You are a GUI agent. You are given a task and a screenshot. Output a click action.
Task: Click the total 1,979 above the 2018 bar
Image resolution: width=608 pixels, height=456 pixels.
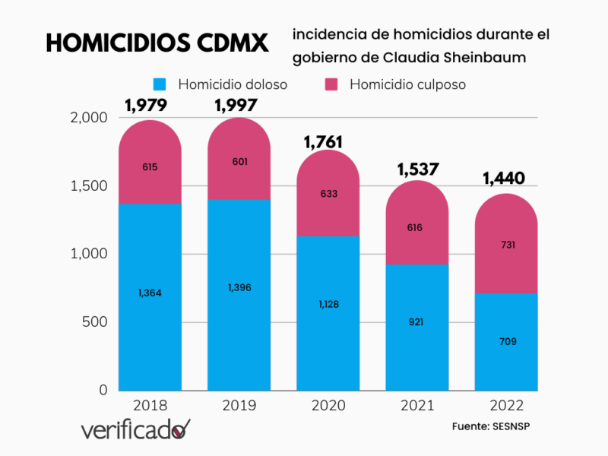pos(146,106)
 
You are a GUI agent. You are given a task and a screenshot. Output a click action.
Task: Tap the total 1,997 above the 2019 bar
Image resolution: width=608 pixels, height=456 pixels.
pos(236,106)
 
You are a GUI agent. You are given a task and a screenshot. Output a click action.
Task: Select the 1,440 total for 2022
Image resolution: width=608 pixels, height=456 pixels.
pos(504,179)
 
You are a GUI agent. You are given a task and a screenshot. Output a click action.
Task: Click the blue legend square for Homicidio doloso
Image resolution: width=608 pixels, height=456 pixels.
pos(160,84)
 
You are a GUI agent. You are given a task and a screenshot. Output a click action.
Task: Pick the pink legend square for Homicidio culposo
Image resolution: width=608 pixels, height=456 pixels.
pos(331,84)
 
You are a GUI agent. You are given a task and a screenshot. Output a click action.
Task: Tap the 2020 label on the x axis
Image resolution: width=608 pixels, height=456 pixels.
pos(328,406)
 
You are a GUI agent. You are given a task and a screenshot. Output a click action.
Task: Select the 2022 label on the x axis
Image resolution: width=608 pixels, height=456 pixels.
pos(507,406)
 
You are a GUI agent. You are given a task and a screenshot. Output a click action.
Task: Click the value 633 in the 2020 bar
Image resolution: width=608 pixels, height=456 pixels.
pos(328,194)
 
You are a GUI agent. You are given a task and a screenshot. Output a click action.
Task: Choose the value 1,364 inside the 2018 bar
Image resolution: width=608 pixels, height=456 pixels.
pos(150,293)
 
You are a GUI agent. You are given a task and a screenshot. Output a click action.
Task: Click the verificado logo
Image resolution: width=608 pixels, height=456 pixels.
pos(135,430)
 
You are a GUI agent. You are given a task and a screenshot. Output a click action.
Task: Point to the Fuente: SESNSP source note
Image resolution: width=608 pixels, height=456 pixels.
pos(490,426)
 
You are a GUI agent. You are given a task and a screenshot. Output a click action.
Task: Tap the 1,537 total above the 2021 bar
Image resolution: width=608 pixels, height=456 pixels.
pos(417,169)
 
